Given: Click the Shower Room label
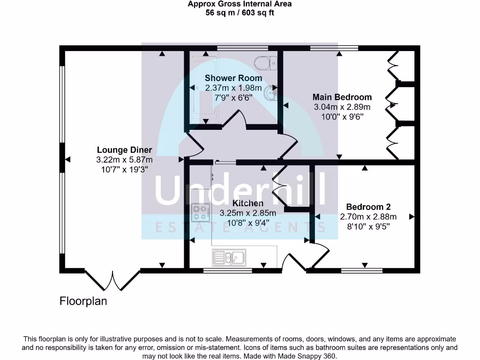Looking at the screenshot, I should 233,78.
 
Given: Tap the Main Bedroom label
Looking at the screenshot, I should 342,97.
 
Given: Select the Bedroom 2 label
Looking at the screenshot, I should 368,207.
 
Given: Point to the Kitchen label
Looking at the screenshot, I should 248,203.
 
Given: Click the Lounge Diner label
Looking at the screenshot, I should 124,150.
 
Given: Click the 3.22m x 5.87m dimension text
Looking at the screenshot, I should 124,160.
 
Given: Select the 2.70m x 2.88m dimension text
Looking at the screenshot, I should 368,217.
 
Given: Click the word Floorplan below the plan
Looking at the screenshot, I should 83,301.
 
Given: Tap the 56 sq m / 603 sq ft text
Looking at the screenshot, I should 240,13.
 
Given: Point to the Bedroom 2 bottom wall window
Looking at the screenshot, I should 361,270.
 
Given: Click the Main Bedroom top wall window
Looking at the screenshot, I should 334,48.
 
